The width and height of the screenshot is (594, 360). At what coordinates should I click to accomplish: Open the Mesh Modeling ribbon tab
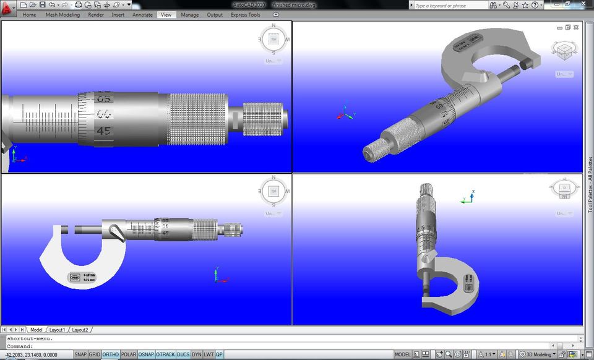(x=62, y=15)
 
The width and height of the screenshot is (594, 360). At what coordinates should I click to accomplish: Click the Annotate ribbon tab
(x=142, y=15)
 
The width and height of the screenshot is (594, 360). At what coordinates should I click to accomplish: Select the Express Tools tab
(x=246, y=15)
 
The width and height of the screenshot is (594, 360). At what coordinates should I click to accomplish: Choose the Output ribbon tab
(x=215, y=15)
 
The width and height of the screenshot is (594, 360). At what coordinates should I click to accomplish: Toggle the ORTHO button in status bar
(x=111, y=354)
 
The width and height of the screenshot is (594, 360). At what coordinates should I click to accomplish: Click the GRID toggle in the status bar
(x=94, y=354)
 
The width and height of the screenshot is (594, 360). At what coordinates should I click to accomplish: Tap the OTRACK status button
(x=165, y=354)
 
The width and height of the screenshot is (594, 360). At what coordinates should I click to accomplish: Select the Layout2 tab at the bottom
(x=80, y=330)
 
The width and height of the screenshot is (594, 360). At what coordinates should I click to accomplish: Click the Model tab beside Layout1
(x=36, y=330)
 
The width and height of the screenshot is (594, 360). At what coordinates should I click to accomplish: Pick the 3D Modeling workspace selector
(x=540, y=354)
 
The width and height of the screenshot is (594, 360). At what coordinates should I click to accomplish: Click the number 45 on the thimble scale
(x=103, y=131)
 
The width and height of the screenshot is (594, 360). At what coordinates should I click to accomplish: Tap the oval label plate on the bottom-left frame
(x=74, y=278)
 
